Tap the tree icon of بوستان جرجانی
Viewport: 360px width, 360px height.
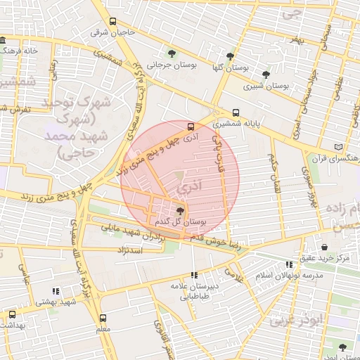coord(171,53)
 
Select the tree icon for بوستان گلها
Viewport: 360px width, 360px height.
coord(230,56)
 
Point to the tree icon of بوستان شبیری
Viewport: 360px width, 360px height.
coord(265,74)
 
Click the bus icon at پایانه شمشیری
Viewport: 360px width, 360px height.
coord(236,112)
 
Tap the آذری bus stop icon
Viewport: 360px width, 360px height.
coord(191,127)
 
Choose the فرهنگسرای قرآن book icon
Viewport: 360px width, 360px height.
coord(339,147)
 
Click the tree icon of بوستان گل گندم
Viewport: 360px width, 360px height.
coord(180,210)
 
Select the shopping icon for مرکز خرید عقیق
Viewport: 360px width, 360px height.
coord(324,247)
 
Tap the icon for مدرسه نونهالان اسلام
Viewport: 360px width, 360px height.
coord(289,264)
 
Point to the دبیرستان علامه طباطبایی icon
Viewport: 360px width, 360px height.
coord(193,275)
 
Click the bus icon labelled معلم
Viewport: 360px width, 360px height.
coord(103,318)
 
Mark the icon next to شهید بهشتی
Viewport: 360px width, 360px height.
coord(56,291)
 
